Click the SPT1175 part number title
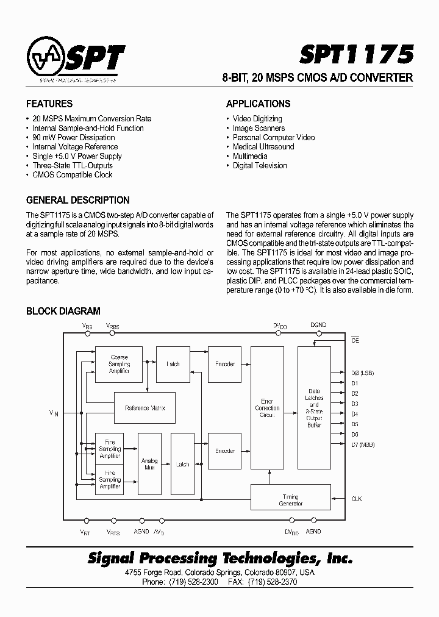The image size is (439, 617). [356, 55]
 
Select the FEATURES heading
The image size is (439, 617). [49, 104]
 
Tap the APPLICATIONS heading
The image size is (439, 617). [258, 104]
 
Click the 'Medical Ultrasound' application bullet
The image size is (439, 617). [263, 146]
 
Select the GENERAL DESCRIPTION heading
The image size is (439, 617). [77, 200]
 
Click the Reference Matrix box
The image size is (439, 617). [145, 408]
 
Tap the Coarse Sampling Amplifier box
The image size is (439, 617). [119, 364]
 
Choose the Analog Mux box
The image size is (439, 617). [149, 464]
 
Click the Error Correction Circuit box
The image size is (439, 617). [267, 408]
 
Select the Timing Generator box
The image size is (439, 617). [291, 500]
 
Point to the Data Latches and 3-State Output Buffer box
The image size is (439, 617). [314, 408]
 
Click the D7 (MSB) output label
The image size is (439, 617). [363, 444]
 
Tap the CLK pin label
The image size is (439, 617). [357, 499]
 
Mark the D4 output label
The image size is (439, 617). [355, 414]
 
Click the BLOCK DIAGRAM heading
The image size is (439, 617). [63, 312]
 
